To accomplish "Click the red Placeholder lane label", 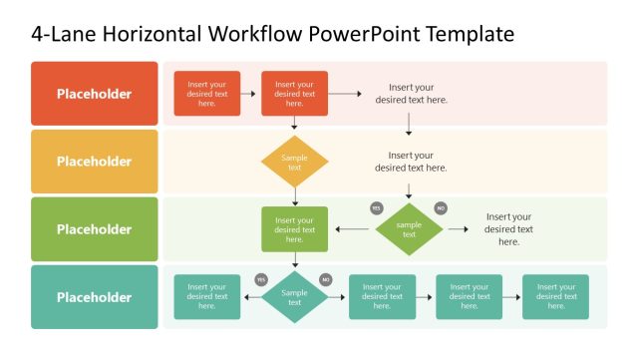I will tap(94, 94).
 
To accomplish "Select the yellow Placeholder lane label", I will tap(94, 162).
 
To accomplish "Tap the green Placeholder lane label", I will tap(94, 229).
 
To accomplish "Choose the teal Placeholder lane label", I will tap(94, 297).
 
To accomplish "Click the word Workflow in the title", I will tap(255, 35).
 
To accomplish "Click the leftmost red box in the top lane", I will tap(207, 94).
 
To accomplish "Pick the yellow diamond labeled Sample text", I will tap(294, 162).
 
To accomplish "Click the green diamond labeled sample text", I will tap(409, 229).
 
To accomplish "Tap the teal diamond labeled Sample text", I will tap(294, 297).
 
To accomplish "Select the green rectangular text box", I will tap(294, 229).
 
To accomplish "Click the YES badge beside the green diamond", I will tap(377, 208).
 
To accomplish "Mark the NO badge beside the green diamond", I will tap(441, 208).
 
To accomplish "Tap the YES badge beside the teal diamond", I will tap(261, 279).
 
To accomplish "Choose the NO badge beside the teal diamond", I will tap(325, 279).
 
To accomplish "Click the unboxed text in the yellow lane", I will tap(411, 162).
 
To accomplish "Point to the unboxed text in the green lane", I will tap(508, 229).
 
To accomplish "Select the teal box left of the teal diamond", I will tap(207, 297).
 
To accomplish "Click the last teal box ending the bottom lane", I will tap(555, 297).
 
